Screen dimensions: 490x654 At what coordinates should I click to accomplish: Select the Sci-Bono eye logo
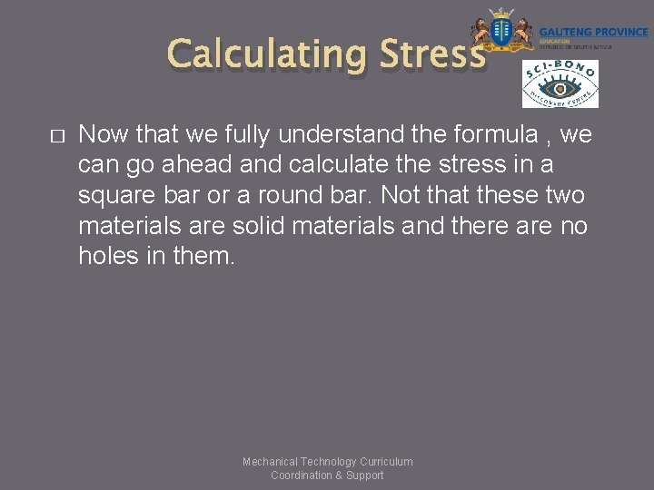click(x=560, y=84)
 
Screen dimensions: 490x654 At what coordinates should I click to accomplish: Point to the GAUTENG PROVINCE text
click(x=594, y=32)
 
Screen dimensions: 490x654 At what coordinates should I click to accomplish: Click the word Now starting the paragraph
click(x=102, y=135)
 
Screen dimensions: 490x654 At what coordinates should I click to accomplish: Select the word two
click(x=567, y=196)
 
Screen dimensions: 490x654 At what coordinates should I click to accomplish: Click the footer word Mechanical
click(x=270, y=462)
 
